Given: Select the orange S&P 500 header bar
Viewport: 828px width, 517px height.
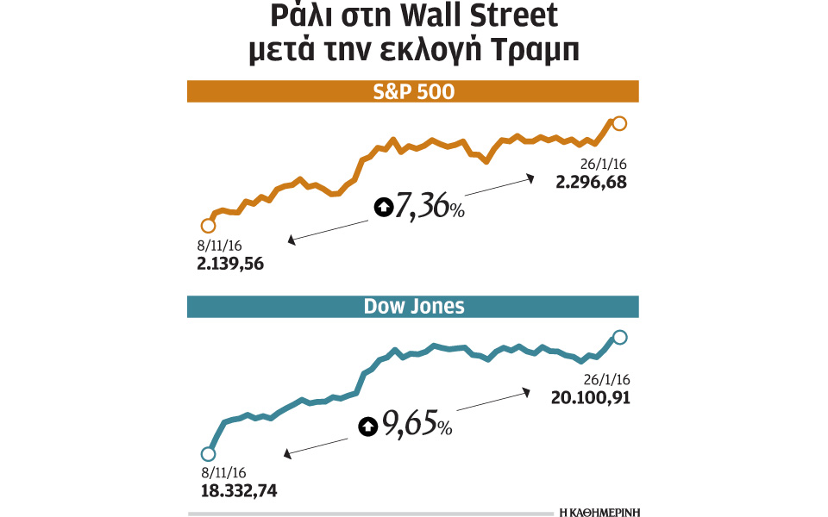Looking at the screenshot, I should pos(412,91).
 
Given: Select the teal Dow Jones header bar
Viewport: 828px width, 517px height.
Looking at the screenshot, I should pos(412,307).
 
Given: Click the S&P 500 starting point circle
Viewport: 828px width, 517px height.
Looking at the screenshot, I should pos(207,226).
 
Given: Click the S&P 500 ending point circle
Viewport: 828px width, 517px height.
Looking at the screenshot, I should pos(618,123).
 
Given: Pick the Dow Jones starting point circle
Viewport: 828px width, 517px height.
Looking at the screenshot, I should pos(207,454).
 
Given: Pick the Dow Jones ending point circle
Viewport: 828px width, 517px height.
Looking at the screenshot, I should pos(619,338).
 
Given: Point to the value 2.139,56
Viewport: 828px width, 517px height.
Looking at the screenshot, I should pos(230,263).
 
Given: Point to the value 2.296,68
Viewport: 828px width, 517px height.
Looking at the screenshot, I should pos(591,182).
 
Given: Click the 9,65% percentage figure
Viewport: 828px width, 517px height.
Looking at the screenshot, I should pos(417,424).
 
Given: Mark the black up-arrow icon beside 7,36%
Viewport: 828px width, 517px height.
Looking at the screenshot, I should pos(382,207).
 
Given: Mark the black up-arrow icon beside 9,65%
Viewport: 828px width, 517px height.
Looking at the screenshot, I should pos(368,425).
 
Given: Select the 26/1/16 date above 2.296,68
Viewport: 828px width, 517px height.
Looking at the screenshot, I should pos(602,164).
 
